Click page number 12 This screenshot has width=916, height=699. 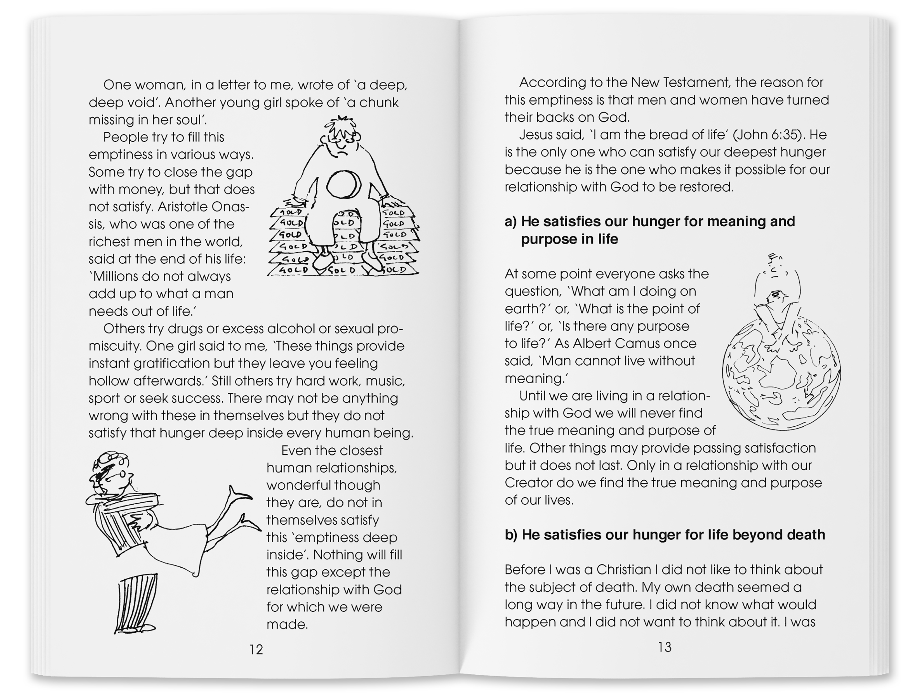pyautogui.click(x=256, y=650)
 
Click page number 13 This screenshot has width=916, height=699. pyautogui.click(x=664, y=647)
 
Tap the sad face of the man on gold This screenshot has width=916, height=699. pyautogui.click(x=341, y=143)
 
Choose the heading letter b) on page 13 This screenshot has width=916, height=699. pyautogui.click(x=512, y=535)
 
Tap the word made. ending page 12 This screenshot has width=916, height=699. pyautogui.click(x=287, y=625)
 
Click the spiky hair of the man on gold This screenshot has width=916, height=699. pyautogui.click(x=342, y=125)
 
